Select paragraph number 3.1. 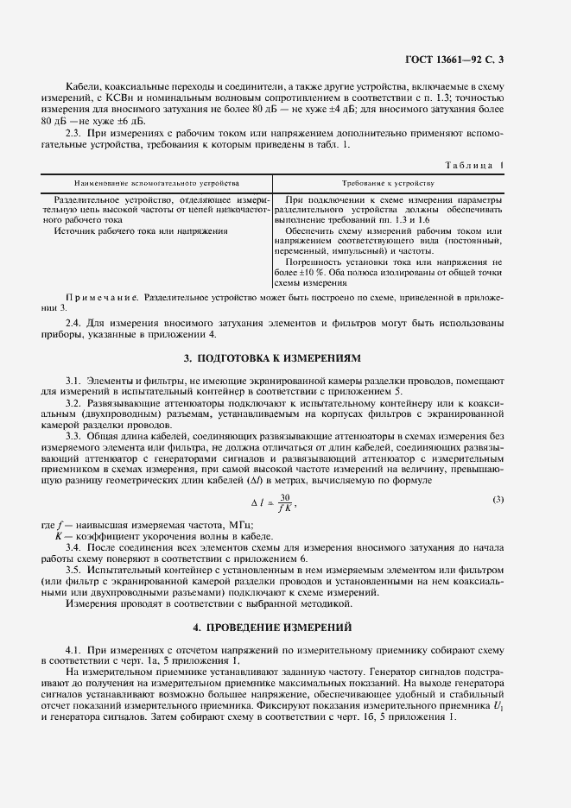tap(73, 381)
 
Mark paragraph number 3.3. tap(73, 435)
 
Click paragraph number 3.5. tap(73, 570)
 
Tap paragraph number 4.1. tap(73, 647)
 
